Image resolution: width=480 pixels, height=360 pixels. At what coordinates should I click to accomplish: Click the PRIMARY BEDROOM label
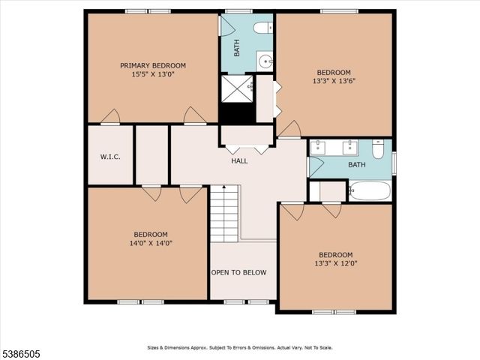[153, 65]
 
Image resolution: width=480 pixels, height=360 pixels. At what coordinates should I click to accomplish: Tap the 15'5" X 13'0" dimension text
[153, 75]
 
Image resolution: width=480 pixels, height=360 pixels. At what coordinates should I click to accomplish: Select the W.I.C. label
[110, 157]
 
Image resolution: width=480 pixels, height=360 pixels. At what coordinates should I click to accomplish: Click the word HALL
[239, 160]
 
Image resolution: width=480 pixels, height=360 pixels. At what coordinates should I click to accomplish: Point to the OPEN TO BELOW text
[238, 272]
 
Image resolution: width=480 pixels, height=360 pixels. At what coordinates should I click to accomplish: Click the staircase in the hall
[223, 214]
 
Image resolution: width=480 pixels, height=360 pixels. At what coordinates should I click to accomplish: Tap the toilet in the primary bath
[262, 28]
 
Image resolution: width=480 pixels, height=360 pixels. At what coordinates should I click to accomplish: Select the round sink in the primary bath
[264, 61]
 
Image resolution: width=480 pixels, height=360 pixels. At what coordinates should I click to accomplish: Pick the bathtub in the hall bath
[369, 190]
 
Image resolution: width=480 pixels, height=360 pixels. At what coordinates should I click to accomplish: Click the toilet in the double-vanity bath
[378, 149]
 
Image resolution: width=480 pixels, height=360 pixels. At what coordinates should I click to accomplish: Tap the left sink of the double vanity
[317, 146]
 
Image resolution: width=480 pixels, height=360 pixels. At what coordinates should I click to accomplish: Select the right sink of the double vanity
[349, 146]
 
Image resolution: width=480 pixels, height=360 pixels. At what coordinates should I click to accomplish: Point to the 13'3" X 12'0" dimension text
[335, 264]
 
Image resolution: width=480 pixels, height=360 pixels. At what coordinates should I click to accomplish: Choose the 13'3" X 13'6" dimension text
[334, 82]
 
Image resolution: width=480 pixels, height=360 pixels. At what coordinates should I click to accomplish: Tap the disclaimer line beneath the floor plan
[239, 348]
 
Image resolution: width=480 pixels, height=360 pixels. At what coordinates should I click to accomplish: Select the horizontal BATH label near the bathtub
[356, 164]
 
